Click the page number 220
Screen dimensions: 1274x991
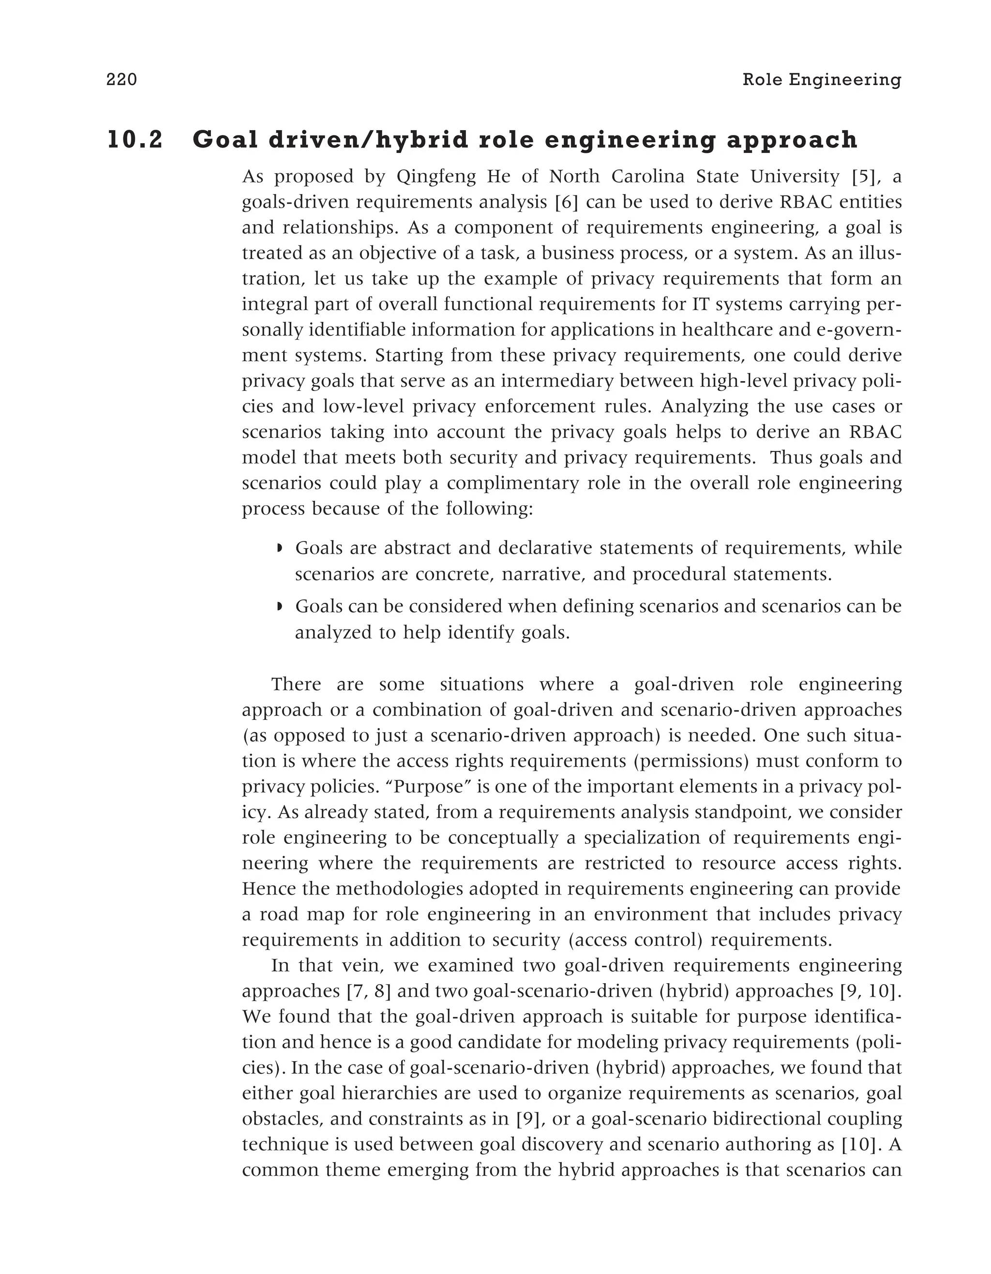[x=121, y=79]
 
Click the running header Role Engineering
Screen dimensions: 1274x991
[x=821, y=79]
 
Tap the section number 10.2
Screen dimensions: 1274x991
[x=135, y=140]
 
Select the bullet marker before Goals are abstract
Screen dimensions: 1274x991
[x=279, y=549]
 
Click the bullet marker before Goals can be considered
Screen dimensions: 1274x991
[x=279, y=607]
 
